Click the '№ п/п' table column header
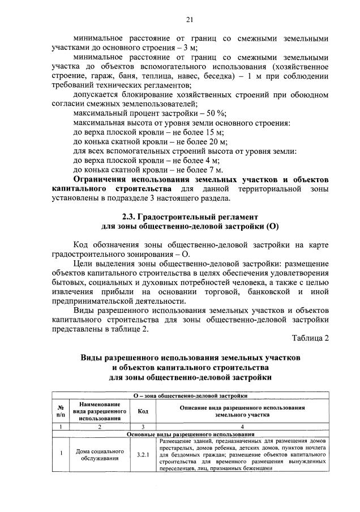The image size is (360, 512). (60, 411)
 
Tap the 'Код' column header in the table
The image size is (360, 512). (143, 411)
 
